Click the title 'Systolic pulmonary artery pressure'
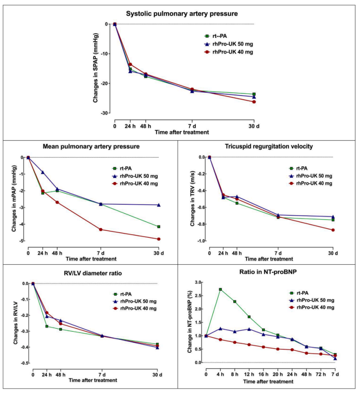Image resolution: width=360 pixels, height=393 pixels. point(182,14)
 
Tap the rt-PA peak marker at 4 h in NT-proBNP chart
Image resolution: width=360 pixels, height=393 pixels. point(220,289)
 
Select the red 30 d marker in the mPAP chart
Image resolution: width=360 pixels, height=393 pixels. point(159,239)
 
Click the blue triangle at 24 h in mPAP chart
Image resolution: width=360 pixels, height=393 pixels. point(43,172)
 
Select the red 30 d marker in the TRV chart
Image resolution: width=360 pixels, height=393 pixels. point(333,230)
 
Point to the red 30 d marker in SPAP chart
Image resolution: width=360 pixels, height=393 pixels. point(254,102)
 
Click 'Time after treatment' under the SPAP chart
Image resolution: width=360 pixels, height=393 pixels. point(184,132)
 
